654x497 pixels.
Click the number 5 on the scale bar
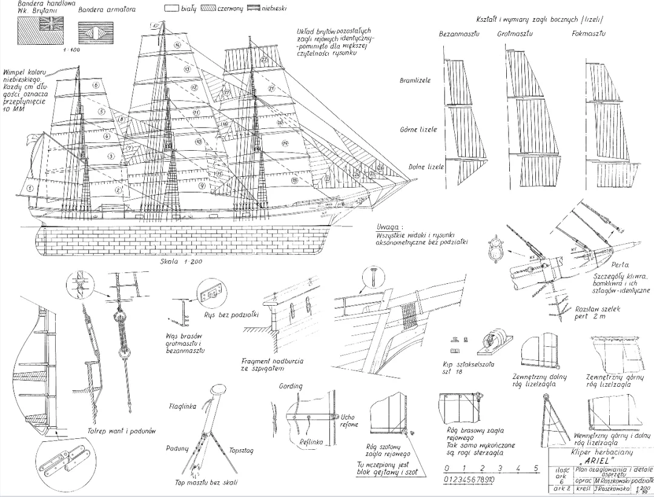[536, 468]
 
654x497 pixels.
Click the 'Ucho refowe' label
[349, 420]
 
